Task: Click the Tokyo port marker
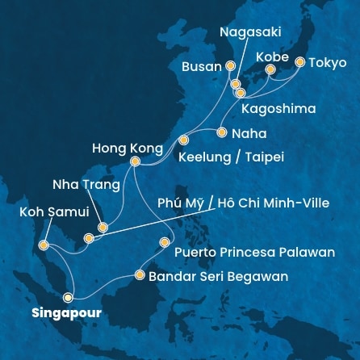(x=300, y=61)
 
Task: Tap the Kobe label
(x=270, y=57)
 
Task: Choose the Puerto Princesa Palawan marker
(x=165, y=241)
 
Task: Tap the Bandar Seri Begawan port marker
(x=140, y=275)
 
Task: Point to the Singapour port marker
(x=67, y=295)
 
